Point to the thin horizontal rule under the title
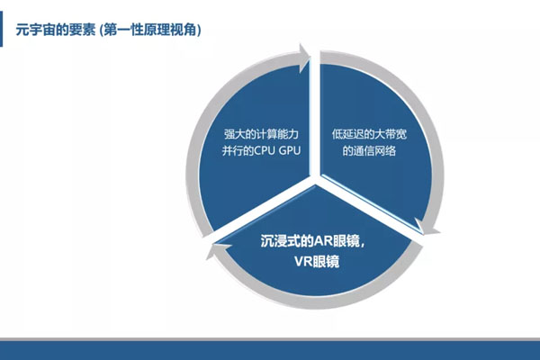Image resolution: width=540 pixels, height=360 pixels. [270, 49]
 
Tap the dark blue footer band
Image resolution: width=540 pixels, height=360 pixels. [270, 352]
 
